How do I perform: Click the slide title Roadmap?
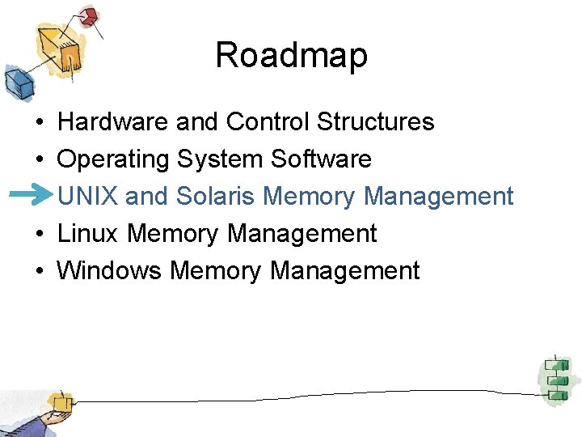[291, 55]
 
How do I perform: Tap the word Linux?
[88, 233]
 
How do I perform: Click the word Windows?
[109, 270]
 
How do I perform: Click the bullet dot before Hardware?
[39, 122]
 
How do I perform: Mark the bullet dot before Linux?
[39, 234]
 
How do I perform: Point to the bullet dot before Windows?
[39, 271]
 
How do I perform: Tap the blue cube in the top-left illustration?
[17, 80]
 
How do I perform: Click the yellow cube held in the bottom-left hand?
[58, 401]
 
